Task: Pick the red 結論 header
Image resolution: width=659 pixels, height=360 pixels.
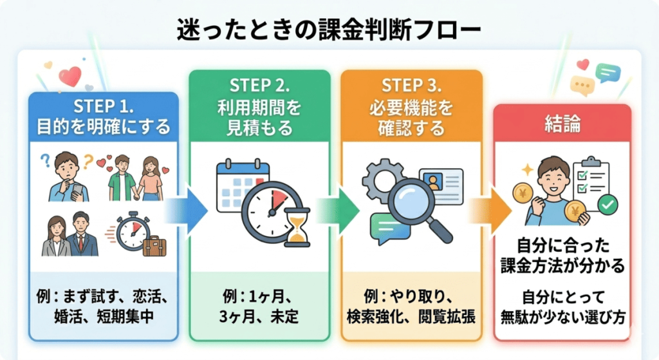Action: (562, 124)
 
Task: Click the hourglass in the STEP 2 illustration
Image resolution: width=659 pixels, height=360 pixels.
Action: (297, 229)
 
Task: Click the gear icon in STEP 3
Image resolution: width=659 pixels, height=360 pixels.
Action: (380, 180)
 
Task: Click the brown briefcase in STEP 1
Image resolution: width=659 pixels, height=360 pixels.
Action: (154, 244)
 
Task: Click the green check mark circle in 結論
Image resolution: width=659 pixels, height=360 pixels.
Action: (607, 205)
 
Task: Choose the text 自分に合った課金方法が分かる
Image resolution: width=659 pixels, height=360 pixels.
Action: (562, 255)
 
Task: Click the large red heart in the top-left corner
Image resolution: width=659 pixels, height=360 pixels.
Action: (69, 77)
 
